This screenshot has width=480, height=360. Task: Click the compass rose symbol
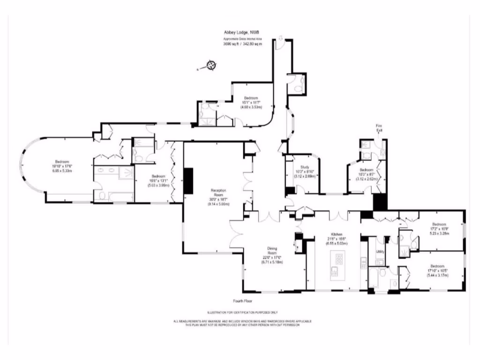[210, 65]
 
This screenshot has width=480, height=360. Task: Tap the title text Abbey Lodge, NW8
[242, 33]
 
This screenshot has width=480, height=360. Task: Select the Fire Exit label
[379, 128]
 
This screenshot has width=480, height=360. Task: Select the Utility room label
[380, 252]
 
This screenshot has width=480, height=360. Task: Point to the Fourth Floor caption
[243, 301]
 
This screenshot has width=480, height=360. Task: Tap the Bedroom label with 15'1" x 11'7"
[251, 98]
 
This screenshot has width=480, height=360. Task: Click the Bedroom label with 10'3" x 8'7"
[366, 170]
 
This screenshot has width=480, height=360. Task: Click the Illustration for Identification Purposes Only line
[242, 312]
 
